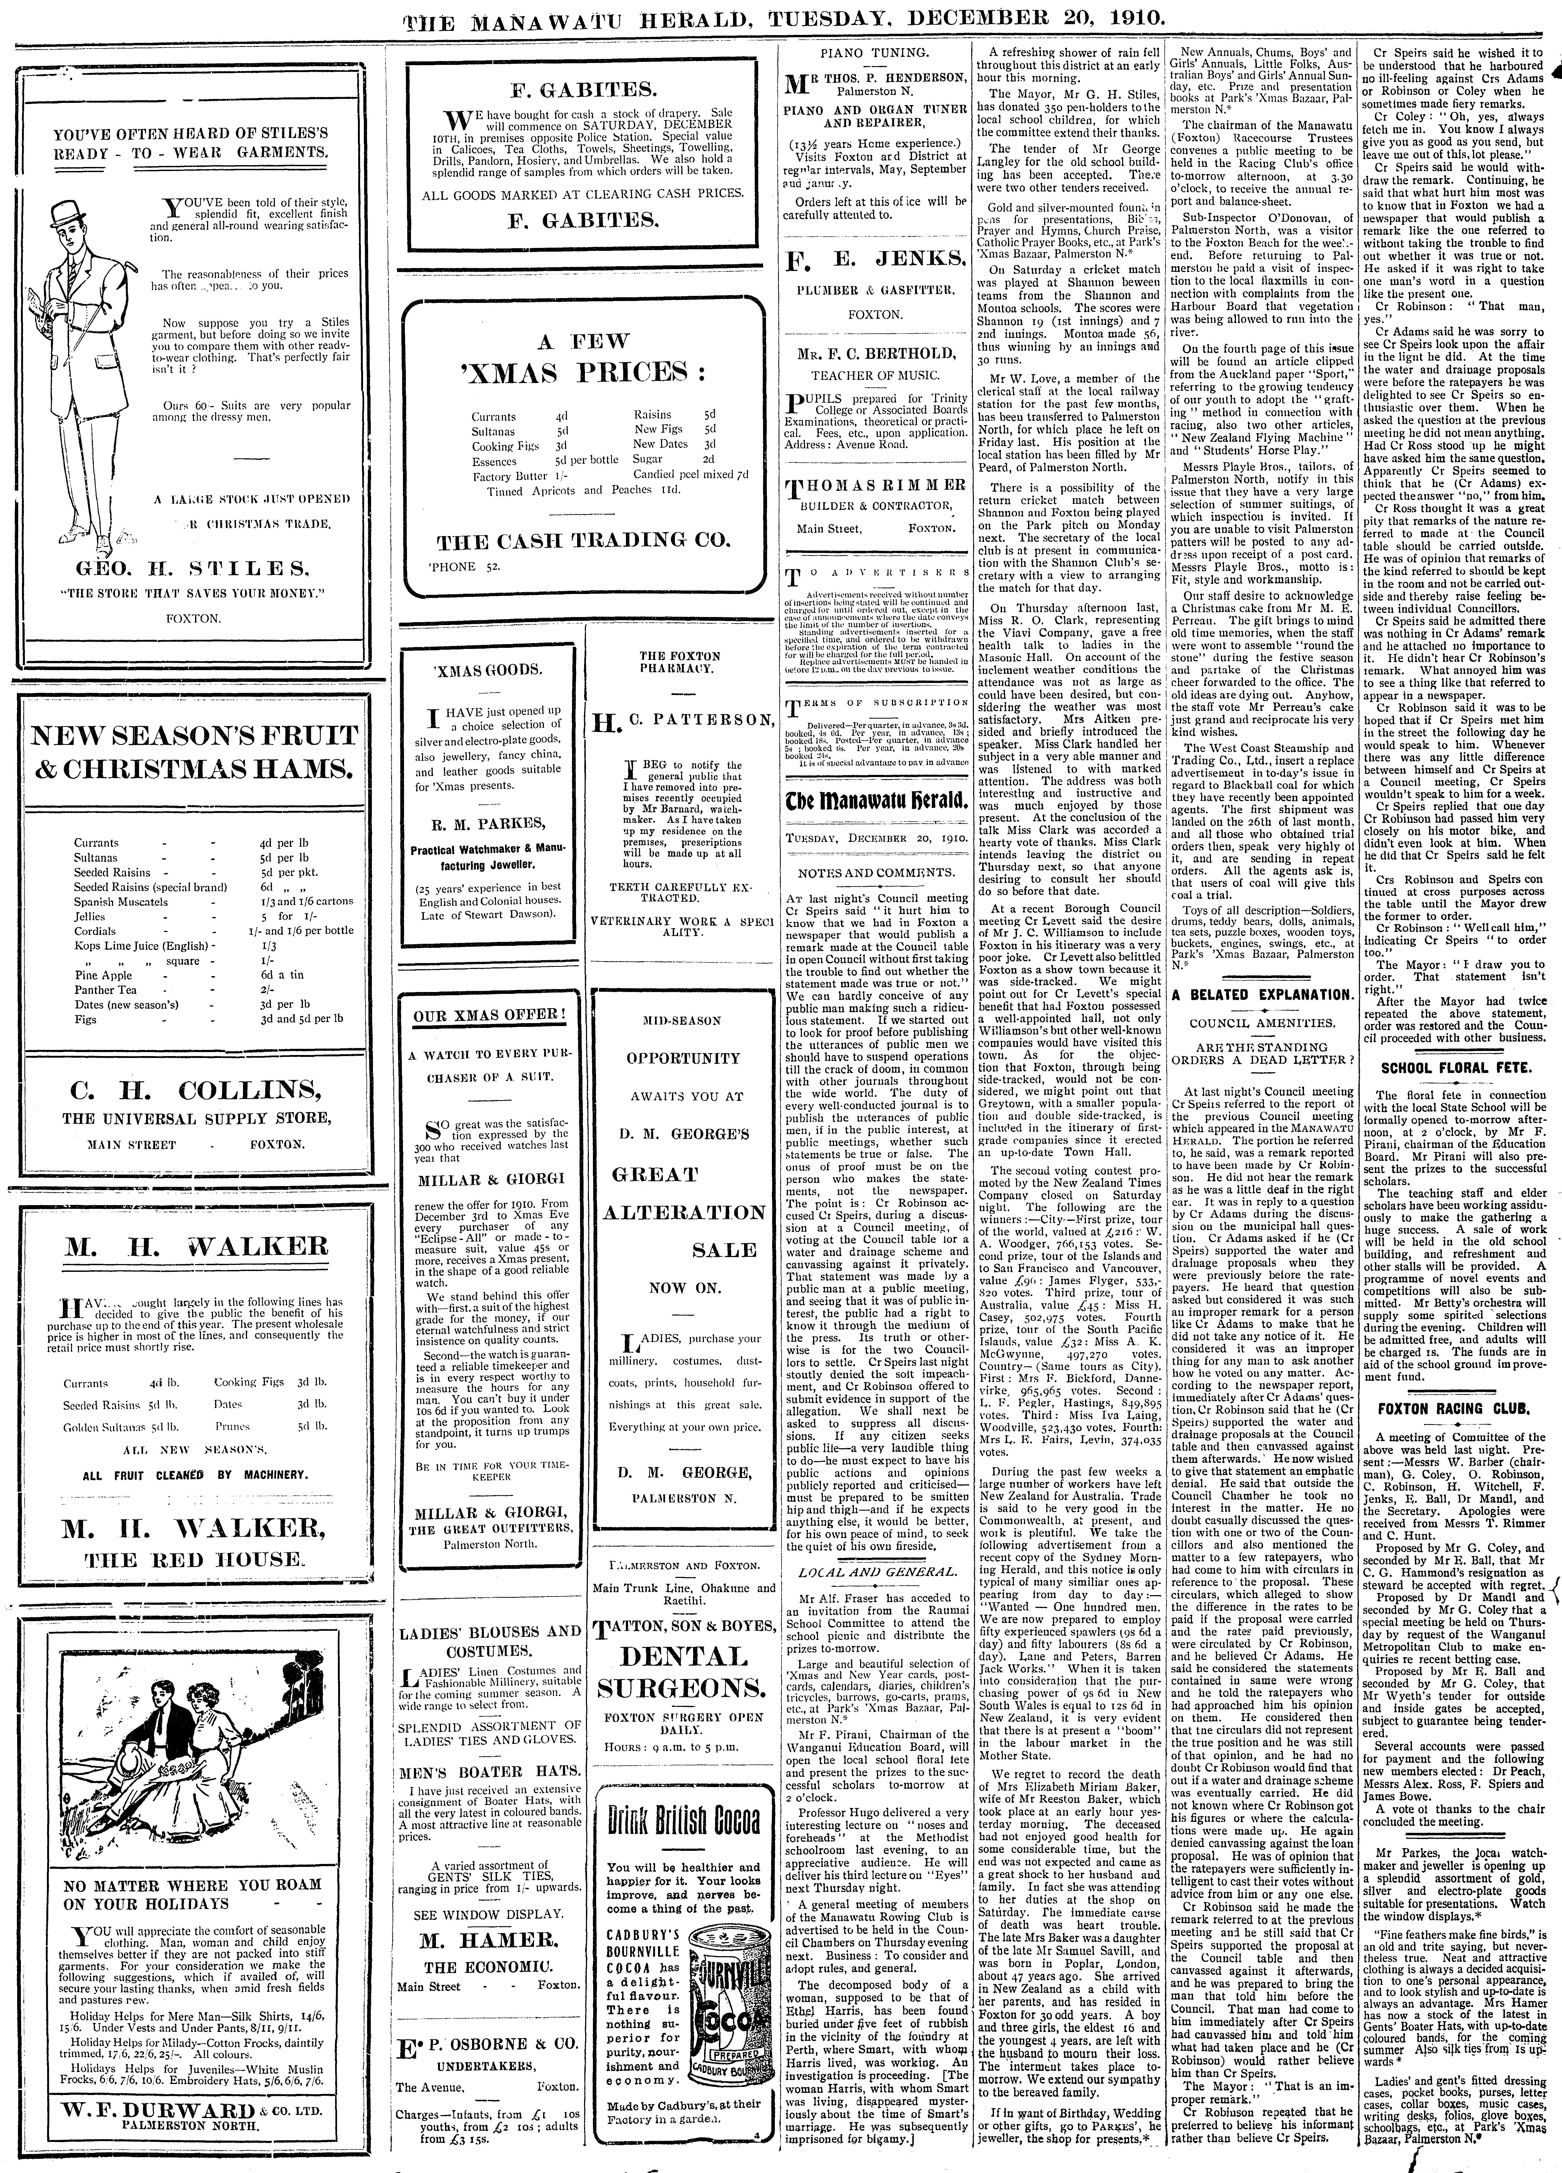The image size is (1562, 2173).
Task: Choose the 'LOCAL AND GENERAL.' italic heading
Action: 875,1572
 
